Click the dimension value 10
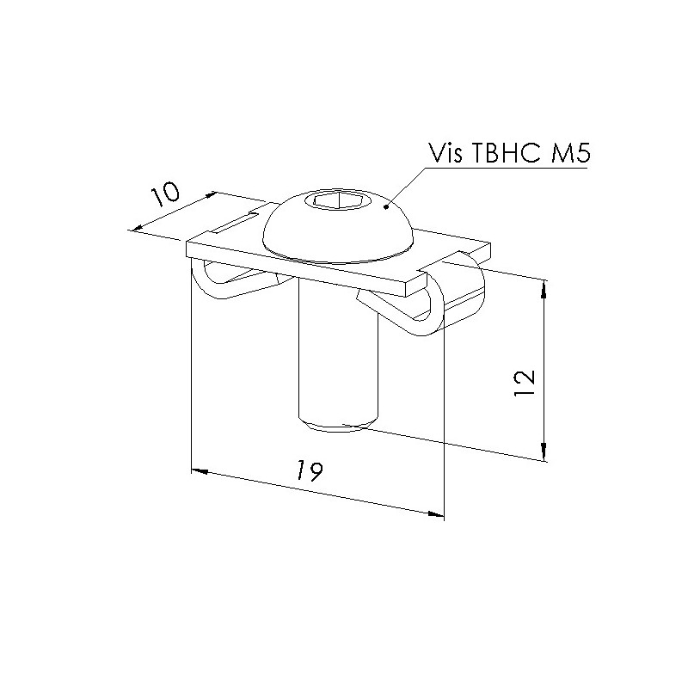165,195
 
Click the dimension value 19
310,471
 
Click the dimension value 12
525,383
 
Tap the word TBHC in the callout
507,153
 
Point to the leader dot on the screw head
386,206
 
